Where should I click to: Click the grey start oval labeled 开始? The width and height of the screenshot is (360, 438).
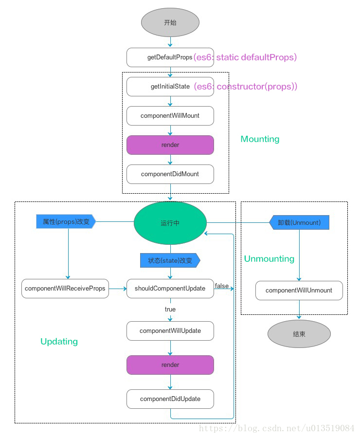[170, 22]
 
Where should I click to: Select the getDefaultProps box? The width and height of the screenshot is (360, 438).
[170, 57]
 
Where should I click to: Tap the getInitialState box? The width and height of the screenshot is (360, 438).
[170, 87]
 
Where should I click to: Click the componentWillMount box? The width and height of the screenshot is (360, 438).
[170, 116]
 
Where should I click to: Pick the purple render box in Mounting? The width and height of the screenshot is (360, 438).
[170, 145]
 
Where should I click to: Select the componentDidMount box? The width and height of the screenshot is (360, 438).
[170, 174]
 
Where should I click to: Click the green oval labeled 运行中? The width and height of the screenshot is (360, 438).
[170, 223]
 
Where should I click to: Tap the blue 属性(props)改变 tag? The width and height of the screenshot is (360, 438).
[66, 221]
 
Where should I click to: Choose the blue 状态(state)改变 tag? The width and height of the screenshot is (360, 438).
[170, 260]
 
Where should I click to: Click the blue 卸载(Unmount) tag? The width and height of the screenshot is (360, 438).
[299, 222]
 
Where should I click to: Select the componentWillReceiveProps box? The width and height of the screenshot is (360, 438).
[65, 289]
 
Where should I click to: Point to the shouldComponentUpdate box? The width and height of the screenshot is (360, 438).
[170, 289]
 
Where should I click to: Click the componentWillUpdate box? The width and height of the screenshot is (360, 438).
[170, 331]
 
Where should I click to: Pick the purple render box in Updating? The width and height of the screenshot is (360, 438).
[170, 365]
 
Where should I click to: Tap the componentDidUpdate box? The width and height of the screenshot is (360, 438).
[170, 399]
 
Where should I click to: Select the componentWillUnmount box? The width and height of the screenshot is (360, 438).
[299, 291]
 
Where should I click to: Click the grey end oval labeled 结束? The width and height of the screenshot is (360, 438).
[299, 334]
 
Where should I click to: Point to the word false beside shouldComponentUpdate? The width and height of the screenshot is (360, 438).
[222, 286]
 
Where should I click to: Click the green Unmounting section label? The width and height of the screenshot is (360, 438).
[269, 259]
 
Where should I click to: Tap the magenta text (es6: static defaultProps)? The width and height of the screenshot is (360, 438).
[245, 57]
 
